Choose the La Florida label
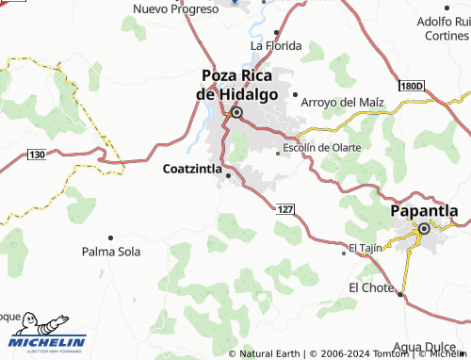coord(275,45)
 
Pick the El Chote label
coord(370,286)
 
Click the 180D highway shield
coord(412,86)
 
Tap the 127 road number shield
coord(287,207)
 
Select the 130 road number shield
coord(37,154)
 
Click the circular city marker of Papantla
coord(425,228)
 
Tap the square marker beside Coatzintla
coord(229,172)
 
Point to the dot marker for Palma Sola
coord(110,237)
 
